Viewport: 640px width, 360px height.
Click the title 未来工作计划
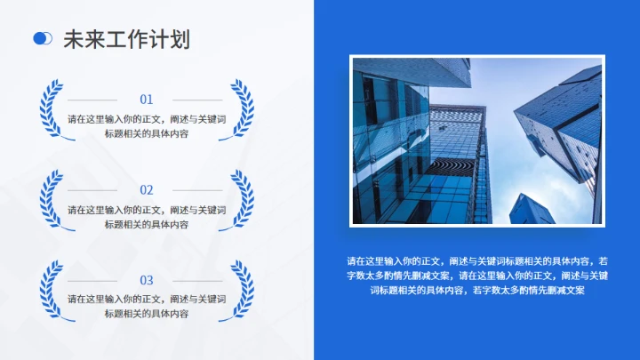point(125,38)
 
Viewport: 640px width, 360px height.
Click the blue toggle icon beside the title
point(42,38)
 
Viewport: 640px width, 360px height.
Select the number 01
point(147,100)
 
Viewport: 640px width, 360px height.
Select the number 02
point(147,190)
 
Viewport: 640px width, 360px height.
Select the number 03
point(147,280)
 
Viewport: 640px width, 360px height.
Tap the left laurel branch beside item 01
point(51,110)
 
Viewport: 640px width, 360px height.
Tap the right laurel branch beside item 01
point(242,110)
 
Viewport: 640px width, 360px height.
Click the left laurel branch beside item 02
point(51,200)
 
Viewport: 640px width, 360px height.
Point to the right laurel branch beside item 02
point(242,200)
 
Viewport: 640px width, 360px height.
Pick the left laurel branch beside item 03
point(51,290)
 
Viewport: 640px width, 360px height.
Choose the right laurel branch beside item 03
point(242,290)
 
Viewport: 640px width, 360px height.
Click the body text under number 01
point(147,126)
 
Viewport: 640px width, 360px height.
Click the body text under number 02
point(147,217)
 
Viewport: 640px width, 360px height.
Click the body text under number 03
point(147,307)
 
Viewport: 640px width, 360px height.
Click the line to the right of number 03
point(196,280)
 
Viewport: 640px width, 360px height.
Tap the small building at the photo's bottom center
point(532,210)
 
